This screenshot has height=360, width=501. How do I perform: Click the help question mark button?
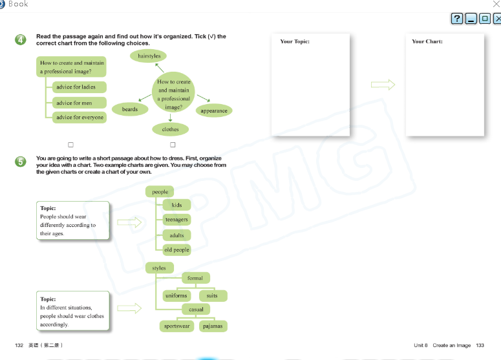coord(457,19)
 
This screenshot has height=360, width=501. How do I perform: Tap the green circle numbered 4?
coord(21,40)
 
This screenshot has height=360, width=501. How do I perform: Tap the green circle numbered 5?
coord(21,162)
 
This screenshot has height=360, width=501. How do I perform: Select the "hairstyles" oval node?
coord(149,56)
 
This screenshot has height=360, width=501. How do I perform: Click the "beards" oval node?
coord(130,109)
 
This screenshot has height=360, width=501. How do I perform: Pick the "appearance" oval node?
coord(214,111)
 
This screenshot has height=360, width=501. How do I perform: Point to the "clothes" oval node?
coord(171,129)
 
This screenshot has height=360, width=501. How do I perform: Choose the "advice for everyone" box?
coord(80,117)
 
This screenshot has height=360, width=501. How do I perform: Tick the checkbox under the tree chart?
coord(71,145)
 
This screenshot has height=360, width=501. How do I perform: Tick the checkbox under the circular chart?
coord(173,145)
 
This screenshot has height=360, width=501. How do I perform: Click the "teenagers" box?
coord(176,220)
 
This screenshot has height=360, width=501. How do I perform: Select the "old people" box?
coord(176,249)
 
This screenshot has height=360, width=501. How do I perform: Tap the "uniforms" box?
coord(176,296)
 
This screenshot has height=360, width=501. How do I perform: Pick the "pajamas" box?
coord(213,326)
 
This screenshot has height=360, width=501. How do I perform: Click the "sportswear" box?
coord(176,326)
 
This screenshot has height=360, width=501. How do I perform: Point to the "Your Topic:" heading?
coord(295,41)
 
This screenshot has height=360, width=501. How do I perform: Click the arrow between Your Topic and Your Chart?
coord(383,85)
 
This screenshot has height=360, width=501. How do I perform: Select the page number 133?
coord(480,345)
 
